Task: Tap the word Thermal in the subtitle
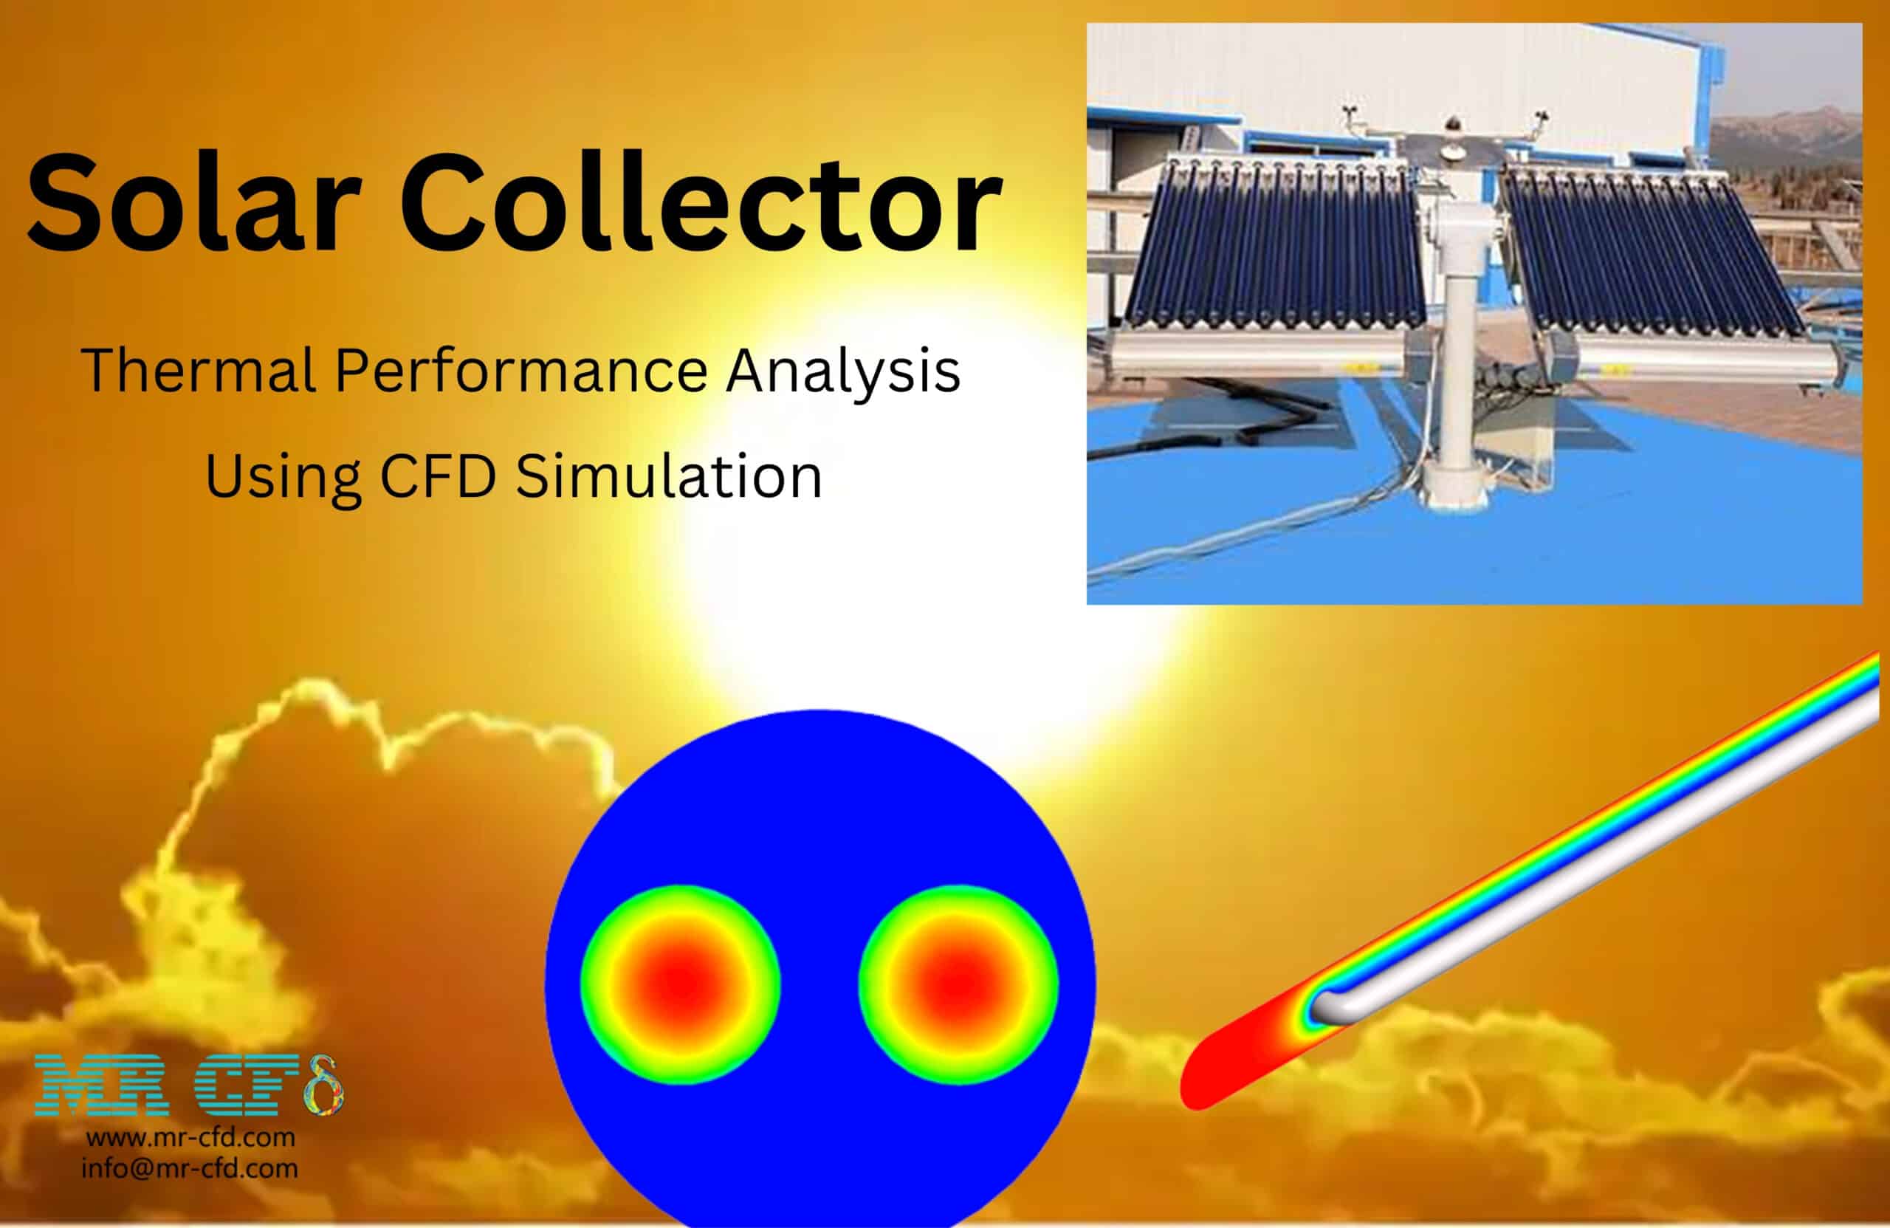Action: pyautogui.click(x=199, y=371)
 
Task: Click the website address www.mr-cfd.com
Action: pyautogui.click(x=190, y=1137)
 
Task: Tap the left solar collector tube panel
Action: pyautogui.click(x=1271, y=246)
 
